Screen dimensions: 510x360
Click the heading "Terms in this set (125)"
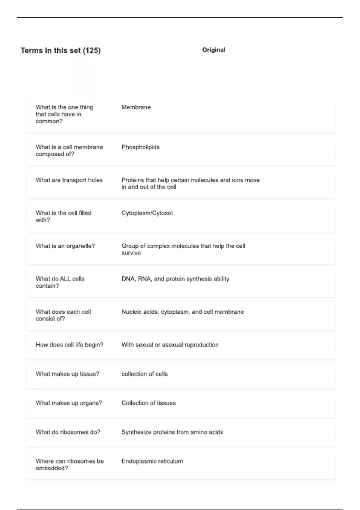pos(60,50)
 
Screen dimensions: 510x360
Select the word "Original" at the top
pos(214,50)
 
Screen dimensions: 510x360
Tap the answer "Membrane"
pos(136,107)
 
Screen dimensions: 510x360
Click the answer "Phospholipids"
pos(140,147)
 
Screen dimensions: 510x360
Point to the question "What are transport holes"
pos(69,180)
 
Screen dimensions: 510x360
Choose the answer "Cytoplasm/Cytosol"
pos(147,213)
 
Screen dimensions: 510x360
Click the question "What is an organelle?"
pos(65,246)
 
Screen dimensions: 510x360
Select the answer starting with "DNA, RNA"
pos(175,279)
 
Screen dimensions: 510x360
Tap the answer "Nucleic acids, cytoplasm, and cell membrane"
pos(182,312)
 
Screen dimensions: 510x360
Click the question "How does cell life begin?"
pos(69,345)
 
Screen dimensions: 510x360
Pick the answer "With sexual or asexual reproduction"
pos(170,345)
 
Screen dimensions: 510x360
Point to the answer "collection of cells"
pos(144,374)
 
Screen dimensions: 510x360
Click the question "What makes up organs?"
pos(69,403)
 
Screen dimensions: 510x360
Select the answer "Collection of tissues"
pos(148,403)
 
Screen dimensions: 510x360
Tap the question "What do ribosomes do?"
pos(68,432)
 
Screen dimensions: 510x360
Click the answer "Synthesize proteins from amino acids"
pos(172,432)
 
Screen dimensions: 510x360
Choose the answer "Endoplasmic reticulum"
pos(152,461)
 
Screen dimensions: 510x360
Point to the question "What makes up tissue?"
pos(67,374)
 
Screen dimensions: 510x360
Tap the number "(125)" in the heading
pos(91,50)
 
